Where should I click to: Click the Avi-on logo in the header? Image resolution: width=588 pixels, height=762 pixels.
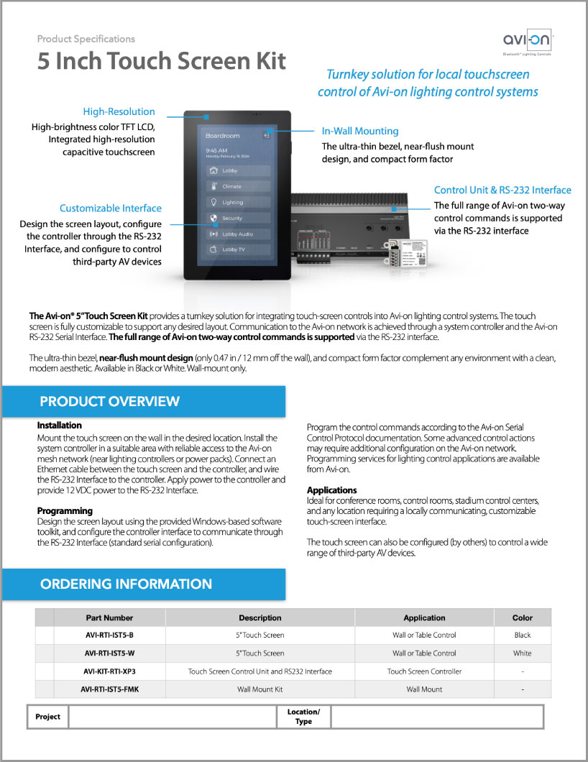(x=528, y=42)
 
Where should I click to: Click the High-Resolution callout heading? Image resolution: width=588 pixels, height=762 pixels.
(x=119, y=111)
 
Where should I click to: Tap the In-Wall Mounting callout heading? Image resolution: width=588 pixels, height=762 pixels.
(x=360, y=131)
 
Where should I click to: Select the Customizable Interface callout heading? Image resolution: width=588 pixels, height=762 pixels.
(x=111, y=208)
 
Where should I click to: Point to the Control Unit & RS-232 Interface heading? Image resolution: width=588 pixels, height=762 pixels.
(x=502, y=190)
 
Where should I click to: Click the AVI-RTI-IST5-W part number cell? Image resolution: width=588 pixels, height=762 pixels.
(x=109, y=653)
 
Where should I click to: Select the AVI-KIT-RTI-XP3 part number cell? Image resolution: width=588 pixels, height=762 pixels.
(x=109, y=671)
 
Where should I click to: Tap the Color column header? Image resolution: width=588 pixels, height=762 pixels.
(x=523, y=618)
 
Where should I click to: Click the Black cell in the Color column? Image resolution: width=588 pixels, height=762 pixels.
(x=523, y=635)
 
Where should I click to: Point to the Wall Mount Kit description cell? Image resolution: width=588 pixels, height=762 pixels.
(x=259, y=689)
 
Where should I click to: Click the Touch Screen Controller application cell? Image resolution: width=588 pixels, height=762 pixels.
(x=424, y=671)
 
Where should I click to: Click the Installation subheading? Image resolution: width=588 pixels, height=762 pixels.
(x=60, y=426)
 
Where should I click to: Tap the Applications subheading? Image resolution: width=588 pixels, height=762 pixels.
(x=332, y=490)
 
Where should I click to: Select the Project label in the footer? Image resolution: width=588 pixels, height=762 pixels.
(x=48, y=717)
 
